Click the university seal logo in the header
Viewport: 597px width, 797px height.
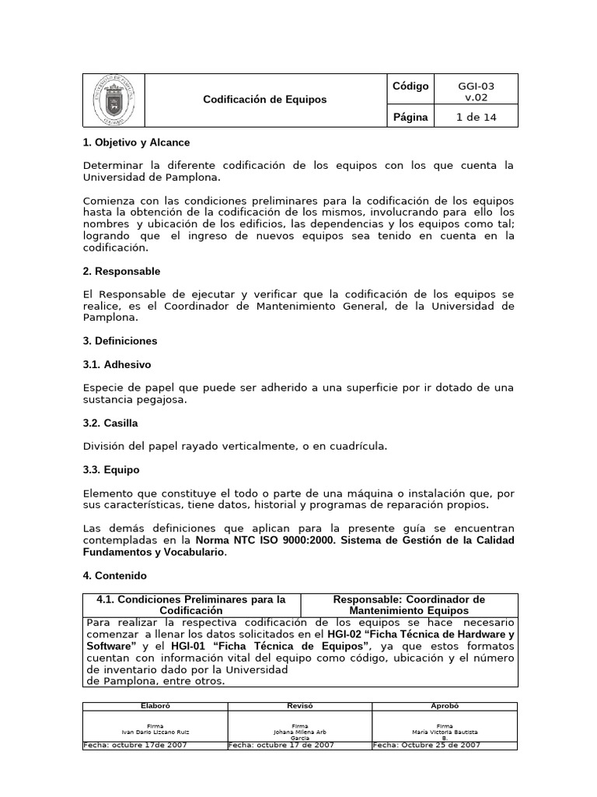(113, 100)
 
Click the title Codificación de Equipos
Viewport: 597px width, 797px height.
(265, 100)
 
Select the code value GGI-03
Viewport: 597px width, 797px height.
(476, 86)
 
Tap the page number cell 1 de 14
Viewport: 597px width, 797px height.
(476, 117)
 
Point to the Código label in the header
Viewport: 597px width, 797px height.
(410, 86)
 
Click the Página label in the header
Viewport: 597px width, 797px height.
(410, 117)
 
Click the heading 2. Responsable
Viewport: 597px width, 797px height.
(121, 272)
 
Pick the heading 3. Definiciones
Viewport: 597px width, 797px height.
(120, 341)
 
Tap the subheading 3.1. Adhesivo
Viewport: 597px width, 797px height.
(117, 364)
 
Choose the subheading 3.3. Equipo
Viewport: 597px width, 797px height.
(111, 470)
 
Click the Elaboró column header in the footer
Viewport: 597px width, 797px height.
(155, 705)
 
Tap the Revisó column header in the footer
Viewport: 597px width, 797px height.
(299, 705)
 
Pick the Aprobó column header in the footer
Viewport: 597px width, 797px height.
(445, 705)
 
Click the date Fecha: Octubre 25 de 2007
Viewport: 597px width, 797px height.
(427, 745)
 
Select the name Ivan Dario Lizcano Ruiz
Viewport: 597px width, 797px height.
(155, 732)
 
